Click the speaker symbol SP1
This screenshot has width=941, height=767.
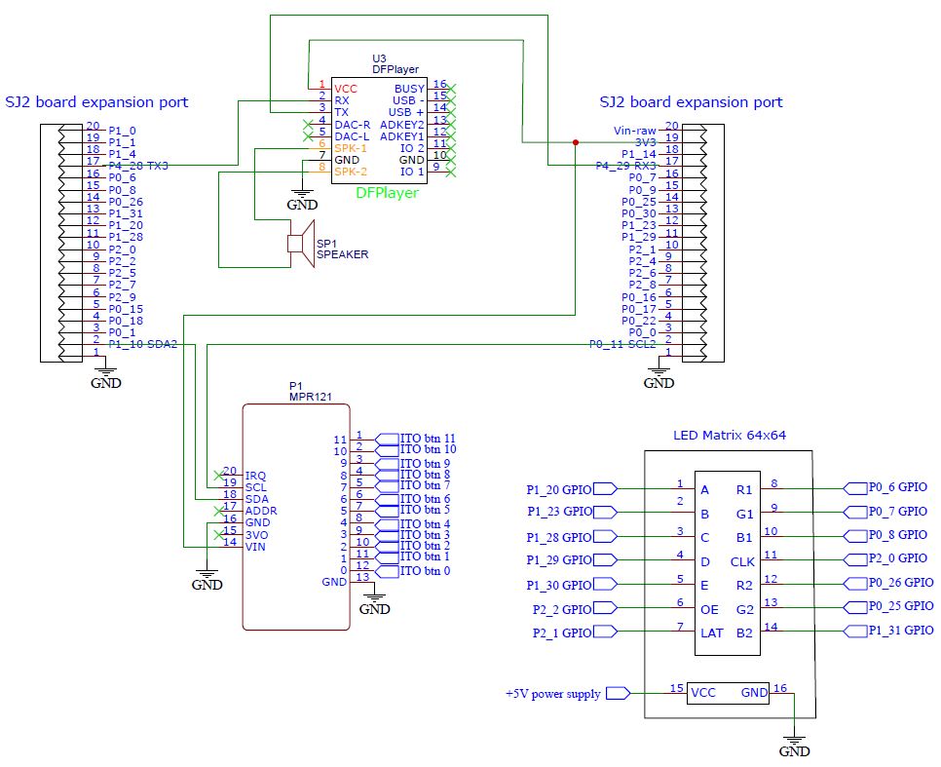[301, 244]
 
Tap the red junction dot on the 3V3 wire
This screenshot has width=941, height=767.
[576, 142]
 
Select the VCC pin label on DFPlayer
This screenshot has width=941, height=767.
[346, 89]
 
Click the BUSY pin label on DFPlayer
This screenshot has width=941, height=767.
[409, 89]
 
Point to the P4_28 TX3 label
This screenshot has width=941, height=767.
[138, 166]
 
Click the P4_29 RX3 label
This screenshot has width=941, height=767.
[626, 166]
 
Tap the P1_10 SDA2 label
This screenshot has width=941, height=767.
[143, 344]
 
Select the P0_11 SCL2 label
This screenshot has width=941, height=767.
[622, 344]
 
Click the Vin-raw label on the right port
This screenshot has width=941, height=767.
[635, 131]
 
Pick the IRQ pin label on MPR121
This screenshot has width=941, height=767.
[255, 476]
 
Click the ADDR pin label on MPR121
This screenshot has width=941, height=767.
[261, 511]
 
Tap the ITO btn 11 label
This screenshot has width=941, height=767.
[428, 439]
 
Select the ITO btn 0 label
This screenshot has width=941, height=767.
[425, 570]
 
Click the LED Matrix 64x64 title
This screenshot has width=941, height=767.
[730, 435]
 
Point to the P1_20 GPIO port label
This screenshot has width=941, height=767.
[559, 489]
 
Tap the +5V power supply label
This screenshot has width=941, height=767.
[552, 694]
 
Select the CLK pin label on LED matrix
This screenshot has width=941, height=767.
[742, 562]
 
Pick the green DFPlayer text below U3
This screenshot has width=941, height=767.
[387, 193]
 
